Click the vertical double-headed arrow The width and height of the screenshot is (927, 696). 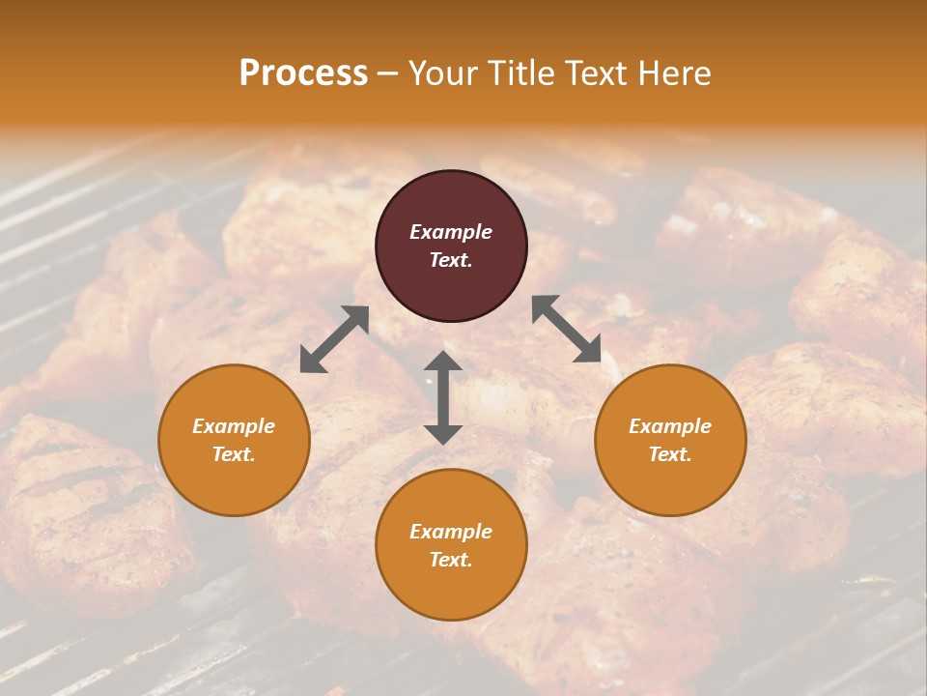tap(443, 397)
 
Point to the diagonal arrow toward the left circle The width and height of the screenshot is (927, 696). tap(334, 339)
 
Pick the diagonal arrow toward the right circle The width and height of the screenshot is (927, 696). tap(566, 329)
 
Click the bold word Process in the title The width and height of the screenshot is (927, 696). tap(303, 72)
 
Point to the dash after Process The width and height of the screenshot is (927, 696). tap(388, 73)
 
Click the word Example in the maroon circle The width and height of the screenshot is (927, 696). tap(451, 232)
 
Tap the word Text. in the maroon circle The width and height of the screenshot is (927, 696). tap(451, 260)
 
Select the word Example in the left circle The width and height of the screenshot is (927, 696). tap(234, 426)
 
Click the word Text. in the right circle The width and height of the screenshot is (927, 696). tap(670, 454)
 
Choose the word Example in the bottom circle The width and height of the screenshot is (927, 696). tap(451, 532)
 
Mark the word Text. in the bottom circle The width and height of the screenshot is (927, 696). tap(451, 560)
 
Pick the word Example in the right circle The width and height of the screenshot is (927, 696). tap(670, 426)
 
